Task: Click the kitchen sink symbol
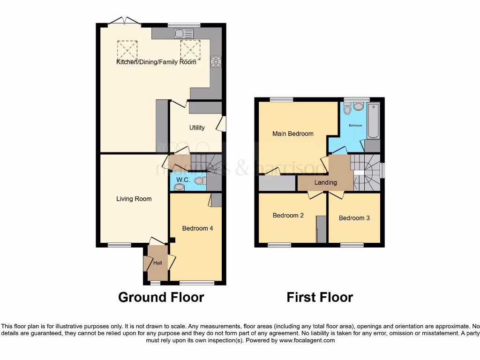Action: point(183,33)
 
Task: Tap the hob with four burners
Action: point(216,62)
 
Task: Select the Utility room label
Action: point(197,127)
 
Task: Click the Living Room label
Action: point(134,199)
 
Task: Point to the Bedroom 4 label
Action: point(198,228)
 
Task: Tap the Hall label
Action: point(157,263)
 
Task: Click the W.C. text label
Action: point(183,180)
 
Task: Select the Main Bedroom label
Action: point(293,134)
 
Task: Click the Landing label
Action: point(325,182)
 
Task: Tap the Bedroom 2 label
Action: point(288,216)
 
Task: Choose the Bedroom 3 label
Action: point(354,218)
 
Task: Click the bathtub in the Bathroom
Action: point(373,120)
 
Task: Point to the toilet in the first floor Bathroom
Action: point(347,109)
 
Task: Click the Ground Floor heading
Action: point(161,297)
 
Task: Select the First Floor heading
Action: point(320,297)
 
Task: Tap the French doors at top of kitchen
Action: point(124,21)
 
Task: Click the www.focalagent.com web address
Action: point(307,340)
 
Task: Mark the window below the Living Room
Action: point(119,244)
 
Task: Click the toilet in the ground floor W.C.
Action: point(200,180)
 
